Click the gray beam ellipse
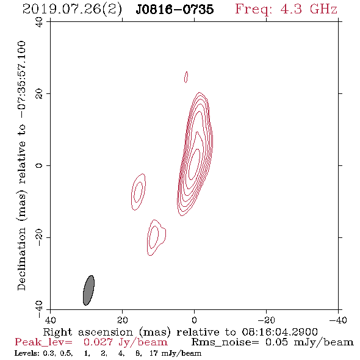coord(88,290)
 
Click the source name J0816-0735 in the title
coord(175,9)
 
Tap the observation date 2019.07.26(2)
coord(72,9)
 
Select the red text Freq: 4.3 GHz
coord(286,9)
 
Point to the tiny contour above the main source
coord(186,77)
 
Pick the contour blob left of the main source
coord(139,192)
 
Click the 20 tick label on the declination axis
coord(39,94)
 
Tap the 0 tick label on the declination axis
coord(39,165)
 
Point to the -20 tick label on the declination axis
coord(39,237)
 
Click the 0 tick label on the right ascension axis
coord(194,320)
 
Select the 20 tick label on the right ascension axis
coord(122,320)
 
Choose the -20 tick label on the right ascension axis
coord(267,320)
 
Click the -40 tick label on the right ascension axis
coord(338,320)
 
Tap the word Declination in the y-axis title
coord(21,259)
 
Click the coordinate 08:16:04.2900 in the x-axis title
coord(279,332)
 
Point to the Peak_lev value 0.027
coord(98,342)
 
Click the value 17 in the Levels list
coord(154,353)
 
